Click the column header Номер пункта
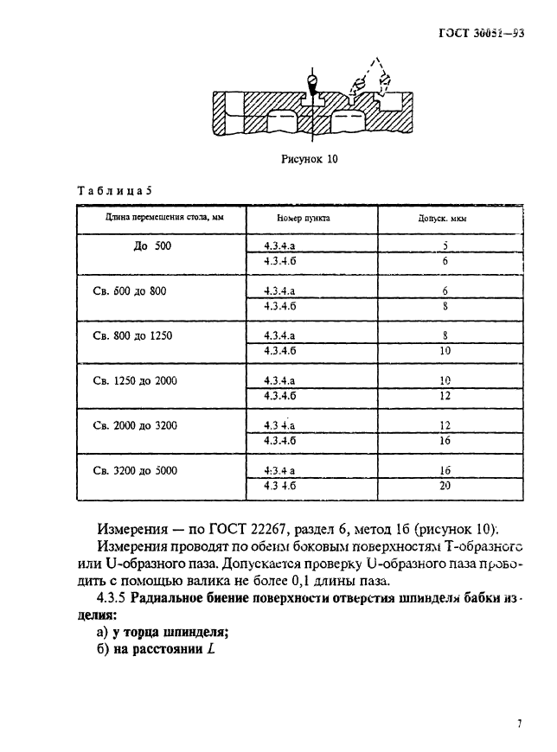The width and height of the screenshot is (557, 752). [304, 219]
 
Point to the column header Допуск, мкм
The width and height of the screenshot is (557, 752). [444, 219]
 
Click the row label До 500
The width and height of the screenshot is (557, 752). [153, 246]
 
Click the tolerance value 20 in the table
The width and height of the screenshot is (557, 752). [445, 487]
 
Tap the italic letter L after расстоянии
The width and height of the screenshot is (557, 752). [210, 649]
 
